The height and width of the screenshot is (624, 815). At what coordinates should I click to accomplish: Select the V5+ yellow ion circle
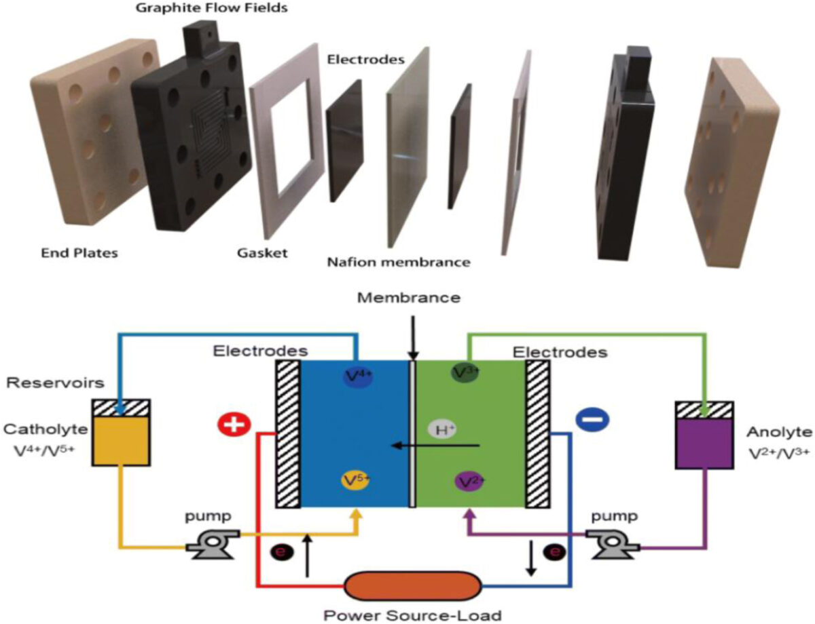click(x=356, y=481)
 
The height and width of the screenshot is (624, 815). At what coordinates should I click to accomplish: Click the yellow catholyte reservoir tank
click(x=120, y=440)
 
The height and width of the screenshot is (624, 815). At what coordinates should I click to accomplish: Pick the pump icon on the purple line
click(x=611, y=545)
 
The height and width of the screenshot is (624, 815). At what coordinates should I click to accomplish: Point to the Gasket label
click(x=261, y=254)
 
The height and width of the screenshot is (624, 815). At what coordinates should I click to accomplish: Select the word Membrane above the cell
click(x=412, y=298)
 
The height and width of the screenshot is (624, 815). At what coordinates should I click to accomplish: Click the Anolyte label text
click(x=777, y=431)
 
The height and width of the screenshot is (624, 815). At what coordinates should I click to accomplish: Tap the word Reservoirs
click(x=54, y=383)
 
